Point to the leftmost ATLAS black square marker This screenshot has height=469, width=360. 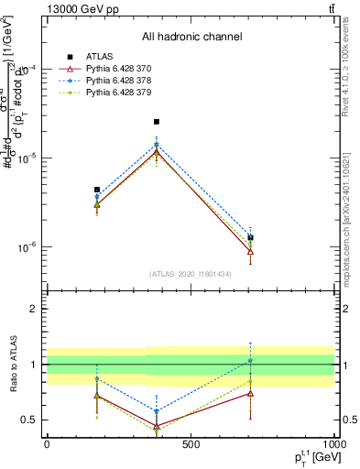coord(97,190)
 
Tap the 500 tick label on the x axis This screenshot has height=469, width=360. coord(191,444)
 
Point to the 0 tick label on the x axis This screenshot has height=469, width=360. coord(47,444)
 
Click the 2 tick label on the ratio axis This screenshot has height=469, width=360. coord(35,309)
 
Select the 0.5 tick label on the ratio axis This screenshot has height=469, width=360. coord(31,420)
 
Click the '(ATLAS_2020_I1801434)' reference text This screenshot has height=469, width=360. coord(191,274)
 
